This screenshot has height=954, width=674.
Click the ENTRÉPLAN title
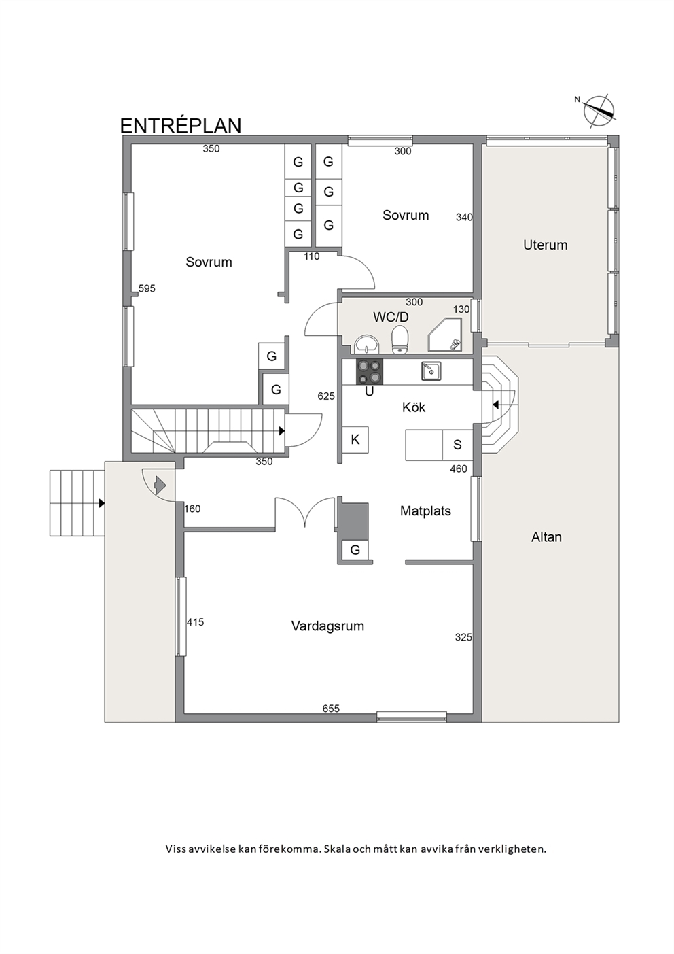pyautogui.click(x=181, y=125)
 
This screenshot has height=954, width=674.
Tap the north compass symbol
pyautogui.click(x=599, y=112)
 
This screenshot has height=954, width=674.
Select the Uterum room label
pyautogui.click(x=545, y=245)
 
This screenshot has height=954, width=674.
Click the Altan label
pyautogui.click(x=546, y=537)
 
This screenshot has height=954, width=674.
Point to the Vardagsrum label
pyautogui.click(x=327, y=626)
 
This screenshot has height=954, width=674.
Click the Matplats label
pyautogui.click(x=425, y=511)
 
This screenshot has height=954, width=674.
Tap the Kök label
pyautogui.click(x=414, y=407)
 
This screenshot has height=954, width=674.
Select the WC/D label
pyautogui.click(x=391, y=318)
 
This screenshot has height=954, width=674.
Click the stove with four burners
pyautogui.click(x=370, y=372)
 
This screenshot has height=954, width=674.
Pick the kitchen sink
pyautogui.click(x=431, y=371)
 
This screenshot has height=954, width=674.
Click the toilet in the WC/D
pyautogui.click(x=400, y=339)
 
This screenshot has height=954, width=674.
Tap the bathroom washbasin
pyautogui.click(x=366, y=343)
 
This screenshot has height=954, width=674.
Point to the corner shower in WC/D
pyautogui.click(x=444, y=335)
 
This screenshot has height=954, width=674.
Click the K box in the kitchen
pyautogui.click(x=355, y=439)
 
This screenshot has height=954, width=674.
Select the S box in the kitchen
pyautogui.click(x=458, y=445)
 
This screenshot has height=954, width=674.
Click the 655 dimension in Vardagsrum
pyautogui.click(x=331, y=709)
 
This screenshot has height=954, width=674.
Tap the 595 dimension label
pyautogui.click(x=147, y=288)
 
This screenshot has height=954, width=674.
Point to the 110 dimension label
pyautogui.click(x=311, y=256)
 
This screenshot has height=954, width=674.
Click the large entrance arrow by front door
pyautogui.click(x=160, y=485)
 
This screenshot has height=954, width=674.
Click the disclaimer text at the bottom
pyautogui.click(x=356, y=849)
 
